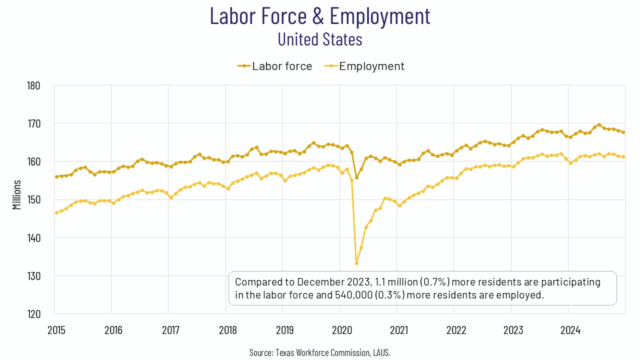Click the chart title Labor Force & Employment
(x=320, y=16)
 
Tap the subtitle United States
(x=320, y=39)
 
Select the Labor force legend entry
(x=274, y=66)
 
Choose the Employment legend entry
(x=364, y=66)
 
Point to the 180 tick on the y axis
(x=33, y=85)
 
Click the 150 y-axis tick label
(x=33, y=199)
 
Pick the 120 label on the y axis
(x=33, y=314)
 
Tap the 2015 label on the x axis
(x=56, y=330)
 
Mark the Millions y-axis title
(x=17, y=194)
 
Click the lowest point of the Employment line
(x=356, y=263)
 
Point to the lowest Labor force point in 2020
(x=356, y=177)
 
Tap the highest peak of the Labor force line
(x=599, y=125)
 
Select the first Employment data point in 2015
(x=56, y=212)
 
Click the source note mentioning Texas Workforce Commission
(x=320, y=352)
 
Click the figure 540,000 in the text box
(x=350, y=295)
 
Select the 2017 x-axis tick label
(x=170, y=330)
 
